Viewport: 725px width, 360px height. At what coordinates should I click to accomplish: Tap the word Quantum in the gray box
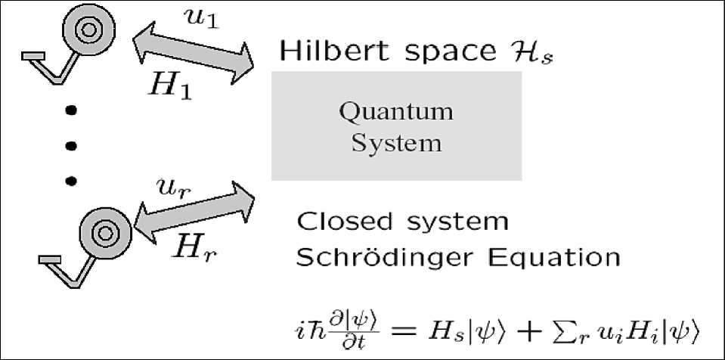(x=396, y=113)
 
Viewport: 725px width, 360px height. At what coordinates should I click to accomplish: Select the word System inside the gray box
(x=396, y=141)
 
